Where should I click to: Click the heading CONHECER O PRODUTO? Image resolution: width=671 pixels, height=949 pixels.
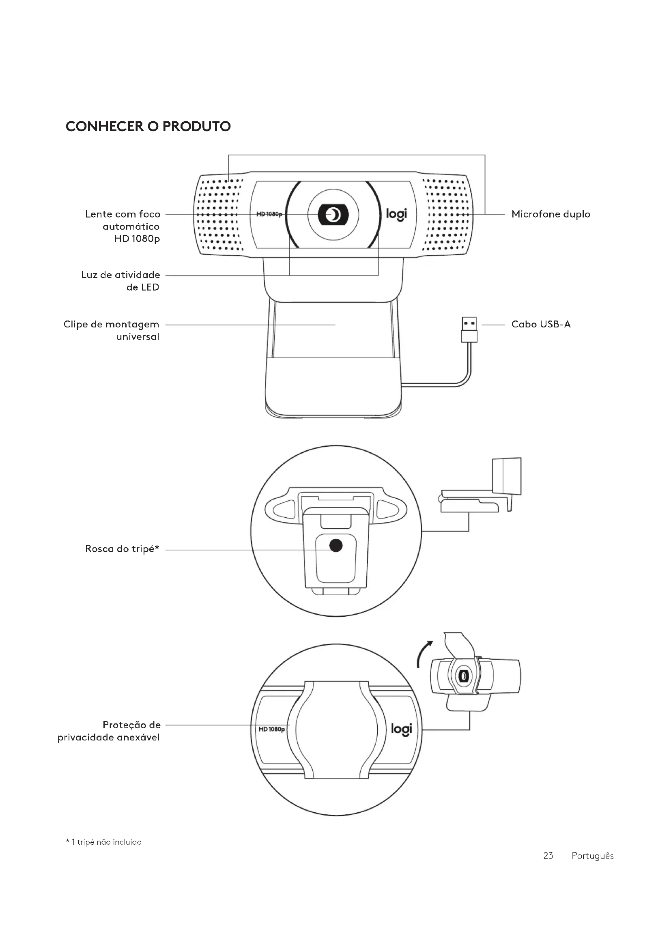point(148,126)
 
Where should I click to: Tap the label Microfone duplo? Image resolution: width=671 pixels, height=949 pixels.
point(551,214)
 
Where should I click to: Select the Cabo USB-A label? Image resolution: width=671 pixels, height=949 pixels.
point(541,324)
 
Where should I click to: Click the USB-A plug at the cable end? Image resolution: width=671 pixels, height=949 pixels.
point(469,329)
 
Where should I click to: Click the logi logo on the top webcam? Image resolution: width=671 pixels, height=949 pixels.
point(396,214)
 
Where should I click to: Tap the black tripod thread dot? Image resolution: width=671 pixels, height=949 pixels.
point(336,546)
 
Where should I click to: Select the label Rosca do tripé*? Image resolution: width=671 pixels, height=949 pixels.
point(122,549)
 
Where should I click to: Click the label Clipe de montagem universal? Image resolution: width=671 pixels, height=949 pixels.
point(112,330)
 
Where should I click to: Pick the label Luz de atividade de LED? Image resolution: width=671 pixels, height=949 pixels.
point(120,281)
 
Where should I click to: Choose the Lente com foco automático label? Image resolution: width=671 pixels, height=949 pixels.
point(123,226)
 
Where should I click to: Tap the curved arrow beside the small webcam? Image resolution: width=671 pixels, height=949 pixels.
point(424,656)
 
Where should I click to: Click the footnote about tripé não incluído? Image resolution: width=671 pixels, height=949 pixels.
point(104,842)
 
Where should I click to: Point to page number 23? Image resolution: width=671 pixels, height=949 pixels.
point(548,856)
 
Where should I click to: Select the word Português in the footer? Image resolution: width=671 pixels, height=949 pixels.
point(592,856)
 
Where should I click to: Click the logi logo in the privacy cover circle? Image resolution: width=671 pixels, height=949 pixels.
point(401,730)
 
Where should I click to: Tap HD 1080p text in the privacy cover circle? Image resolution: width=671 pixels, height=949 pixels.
point(271,729)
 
